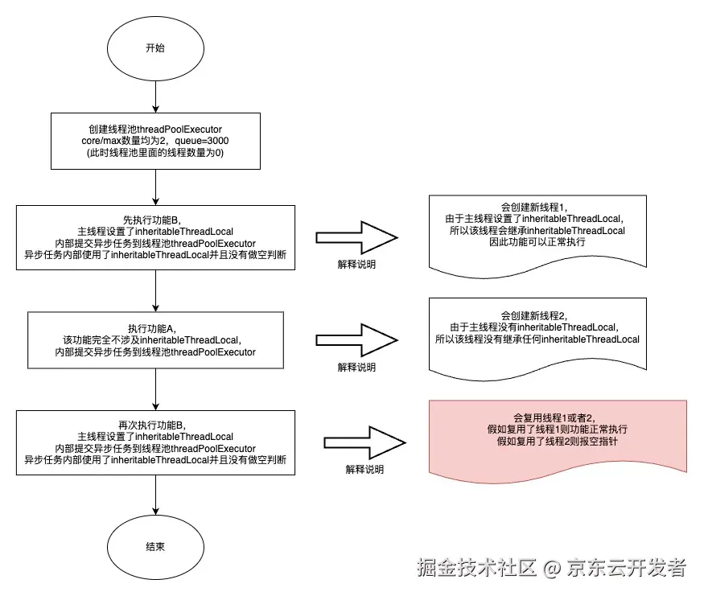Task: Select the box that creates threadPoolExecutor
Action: (155, 141)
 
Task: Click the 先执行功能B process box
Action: (155, 238)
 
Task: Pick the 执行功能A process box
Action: (155, 341)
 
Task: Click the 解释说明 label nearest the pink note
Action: (364, 469)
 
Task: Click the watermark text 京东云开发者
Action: (627, 567)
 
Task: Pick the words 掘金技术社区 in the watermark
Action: (476, 567)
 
